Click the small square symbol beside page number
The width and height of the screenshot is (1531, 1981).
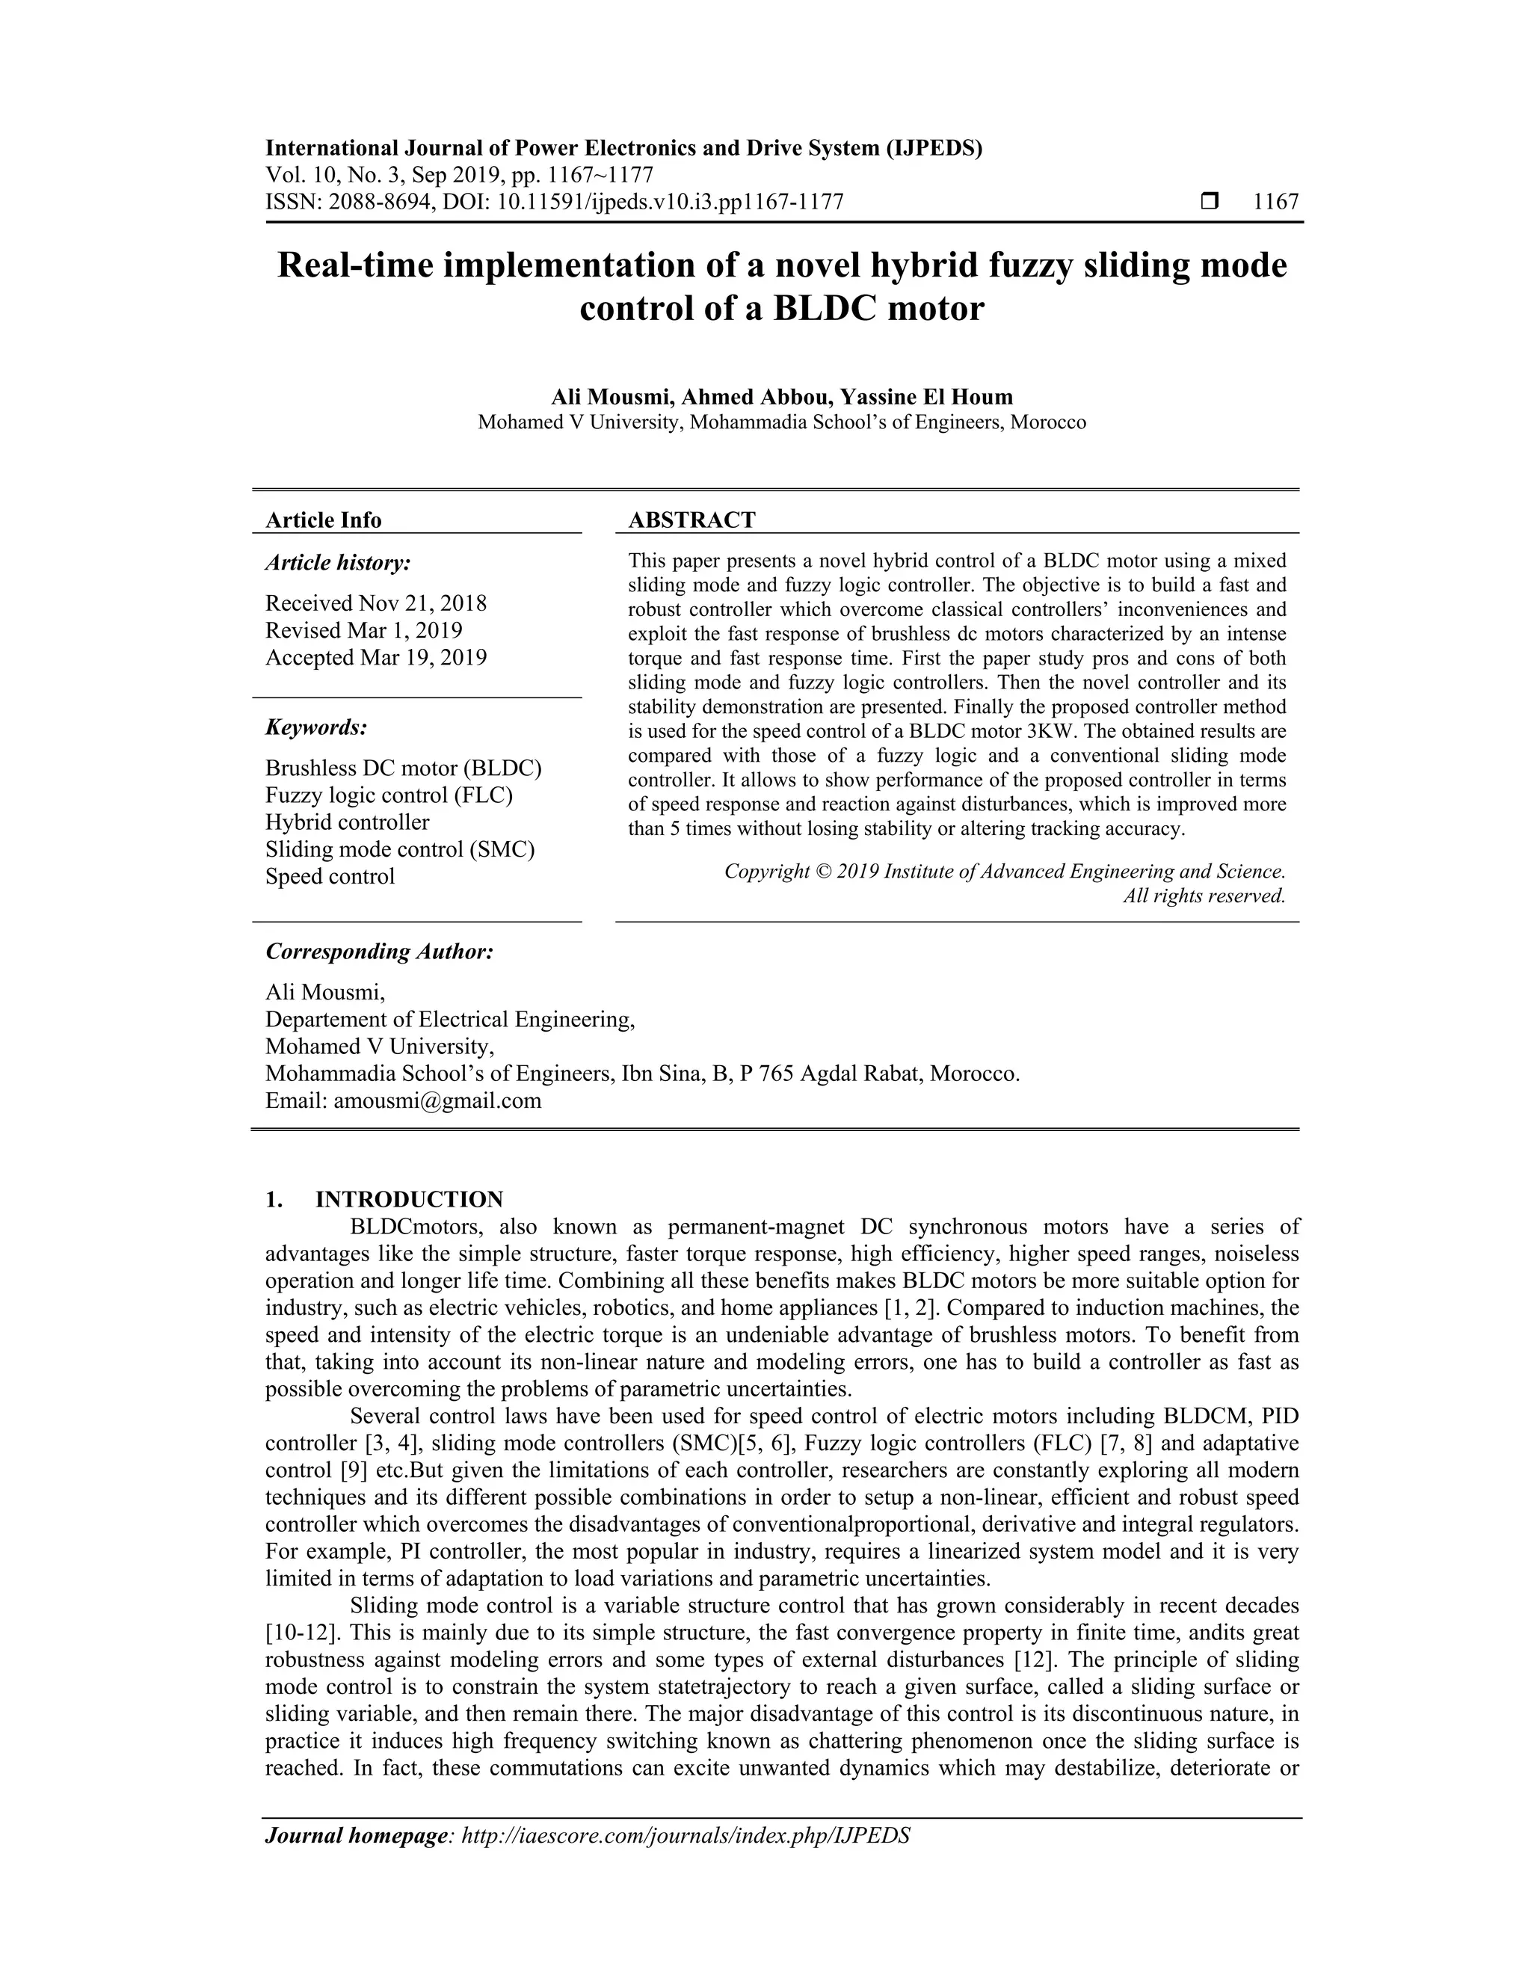[1208, 200]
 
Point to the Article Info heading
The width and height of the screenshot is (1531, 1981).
[323, 520]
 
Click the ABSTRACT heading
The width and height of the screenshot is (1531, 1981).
[691, 520]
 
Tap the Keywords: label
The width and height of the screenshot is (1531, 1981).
[315, 727]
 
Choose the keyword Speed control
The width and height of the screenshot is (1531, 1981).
[330, 877]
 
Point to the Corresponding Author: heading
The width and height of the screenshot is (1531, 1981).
[379, 952]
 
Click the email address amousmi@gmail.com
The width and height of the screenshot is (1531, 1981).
[437, 1101]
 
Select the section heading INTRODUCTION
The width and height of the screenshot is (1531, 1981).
[409, 1200]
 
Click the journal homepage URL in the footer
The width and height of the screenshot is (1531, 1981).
[686, 1836]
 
